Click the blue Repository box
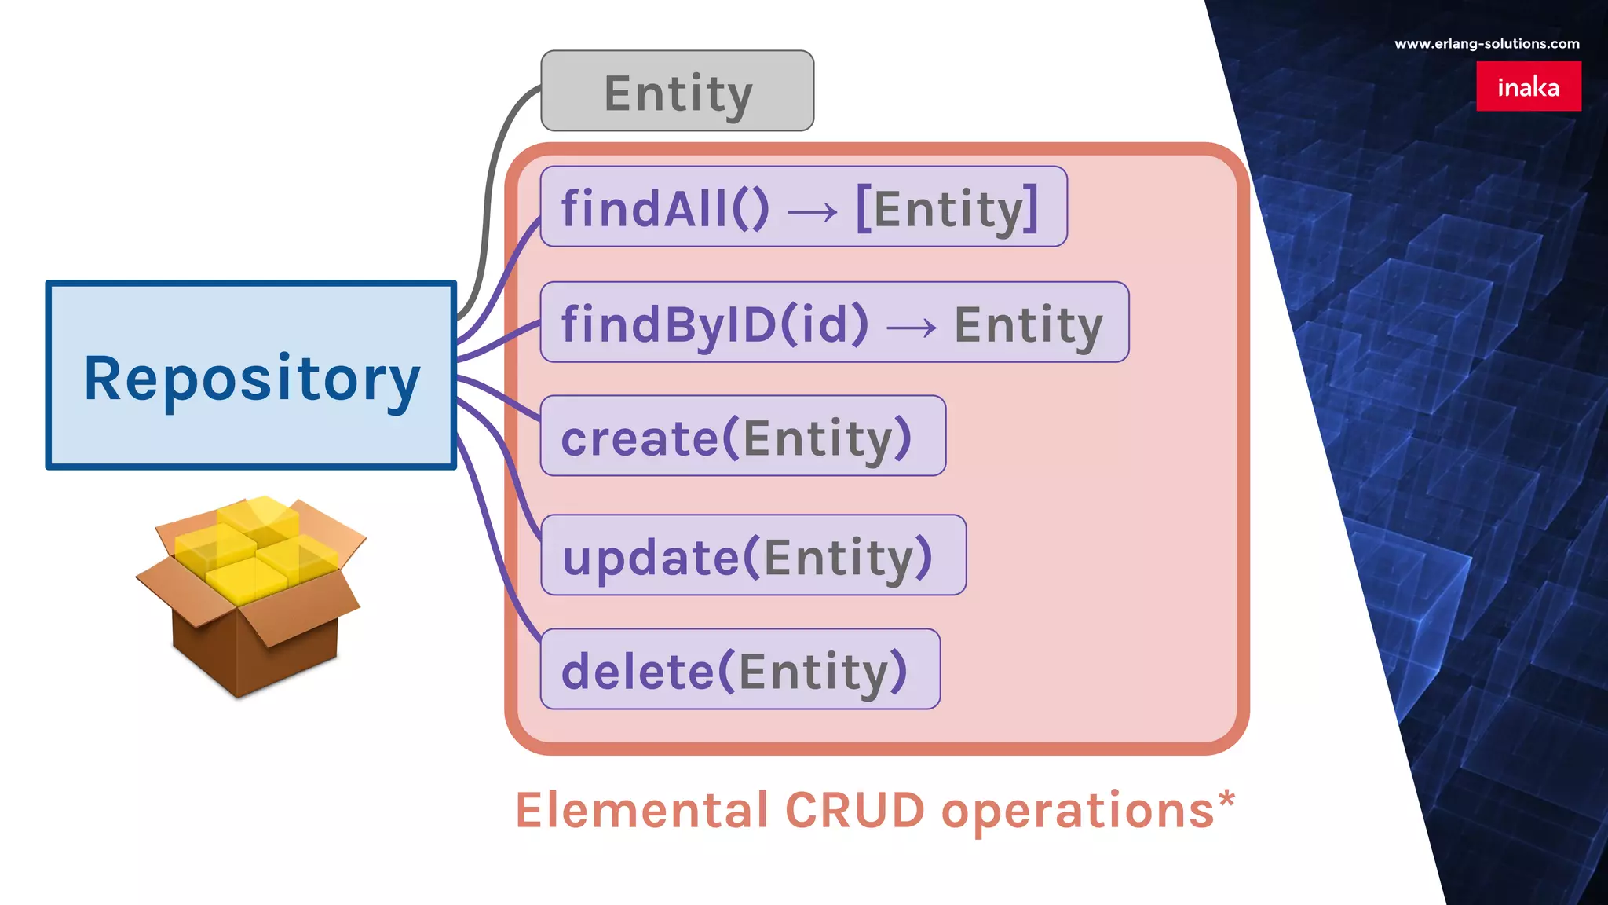point(251,375)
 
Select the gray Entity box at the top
point(677,91)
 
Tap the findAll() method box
point(802,207)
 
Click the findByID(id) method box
point(834,322)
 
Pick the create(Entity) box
point(742,436)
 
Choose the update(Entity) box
point(752,555)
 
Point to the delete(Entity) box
point(740,669)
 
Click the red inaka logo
point(1528,86)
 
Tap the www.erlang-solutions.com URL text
point(1486,44)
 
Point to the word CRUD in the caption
point(854,810)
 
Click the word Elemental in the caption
point(641,810)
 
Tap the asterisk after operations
point(1226,801)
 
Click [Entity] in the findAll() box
point(947,209)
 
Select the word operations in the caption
point(1077,812)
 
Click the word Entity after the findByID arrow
point(1029,324)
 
